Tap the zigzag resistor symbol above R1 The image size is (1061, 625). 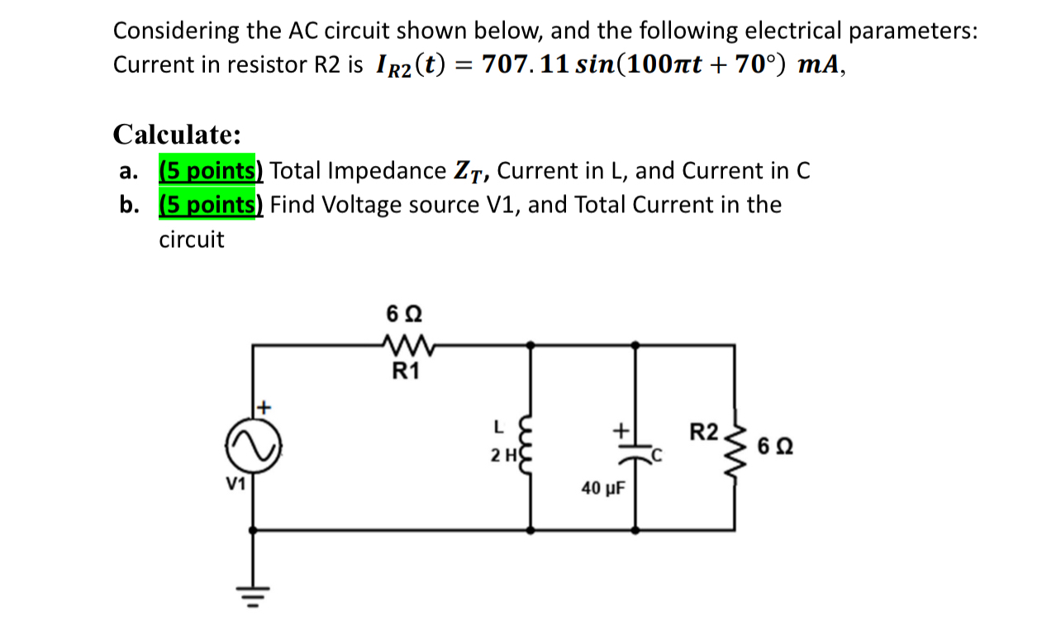(x=404, y=343)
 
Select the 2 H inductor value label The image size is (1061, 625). (x=502, y=455)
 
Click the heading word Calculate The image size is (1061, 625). (x=177, y=133)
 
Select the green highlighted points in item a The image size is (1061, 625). (x=210, y=171)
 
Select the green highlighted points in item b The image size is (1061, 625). (x=210, y=205)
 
